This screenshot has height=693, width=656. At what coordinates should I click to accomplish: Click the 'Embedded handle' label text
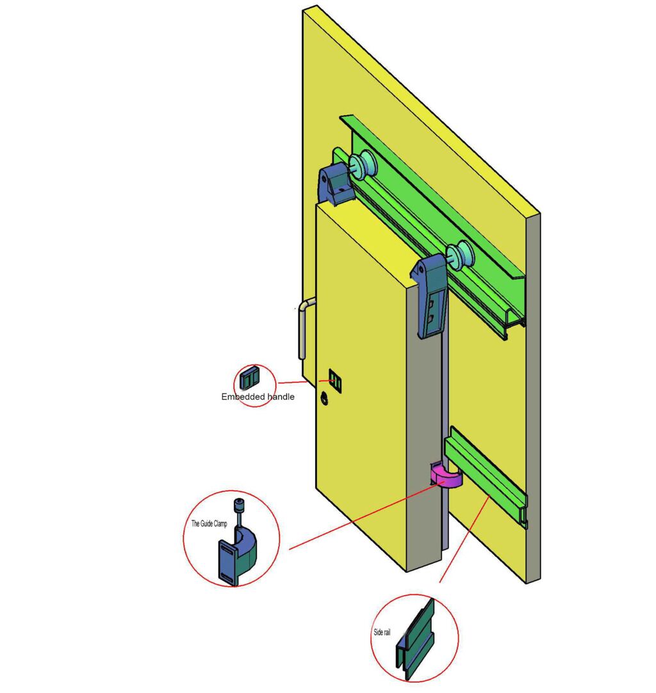point(258,397)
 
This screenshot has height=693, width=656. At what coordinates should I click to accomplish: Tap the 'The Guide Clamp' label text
point(209,523)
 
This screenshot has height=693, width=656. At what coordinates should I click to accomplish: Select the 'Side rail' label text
point(382,632)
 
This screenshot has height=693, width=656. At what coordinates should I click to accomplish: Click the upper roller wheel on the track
point(362,165)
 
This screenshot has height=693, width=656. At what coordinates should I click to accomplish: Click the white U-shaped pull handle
point(304,328)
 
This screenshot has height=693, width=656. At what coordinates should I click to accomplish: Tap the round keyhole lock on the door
point(324,399)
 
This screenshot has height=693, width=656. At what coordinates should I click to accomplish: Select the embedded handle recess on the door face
point(335,381)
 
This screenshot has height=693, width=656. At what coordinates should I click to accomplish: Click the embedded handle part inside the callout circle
point(250,378)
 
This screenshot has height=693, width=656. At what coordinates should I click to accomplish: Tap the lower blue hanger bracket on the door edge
point(429,296)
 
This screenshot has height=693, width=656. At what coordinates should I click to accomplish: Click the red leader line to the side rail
point(464,539)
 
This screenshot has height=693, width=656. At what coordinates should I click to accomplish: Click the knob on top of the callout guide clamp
point(240,504)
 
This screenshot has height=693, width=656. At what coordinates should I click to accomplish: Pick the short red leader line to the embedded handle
point(292,382)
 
